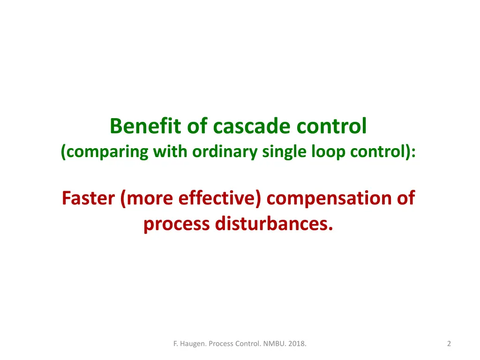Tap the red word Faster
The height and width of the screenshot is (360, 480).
click(x=89, y=198)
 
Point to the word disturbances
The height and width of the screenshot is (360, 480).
click(x=275, y=224)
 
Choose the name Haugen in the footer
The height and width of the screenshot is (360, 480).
click(x=191, y=344)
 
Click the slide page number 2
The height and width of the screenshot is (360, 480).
click(x=449, y=344)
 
